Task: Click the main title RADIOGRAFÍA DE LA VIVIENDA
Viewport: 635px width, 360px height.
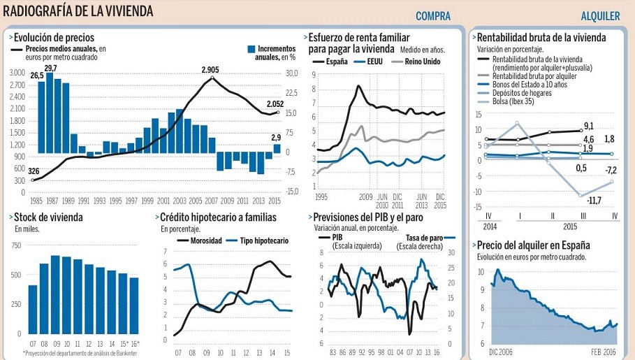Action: [x=78, y=12]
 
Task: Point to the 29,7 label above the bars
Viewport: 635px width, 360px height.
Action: [x=50, y=68]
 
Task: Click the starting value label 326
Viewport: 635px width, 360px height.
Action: [x=33, y=171]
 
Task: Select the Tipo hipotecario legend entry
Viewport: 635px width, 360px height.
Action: [x=262, y=240]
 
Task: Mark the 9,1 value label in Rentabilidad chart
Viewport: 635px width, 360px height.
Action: [x=589, y=126]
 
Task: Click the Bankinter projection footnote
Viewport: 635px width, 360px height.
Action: [x=81, y=354]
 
